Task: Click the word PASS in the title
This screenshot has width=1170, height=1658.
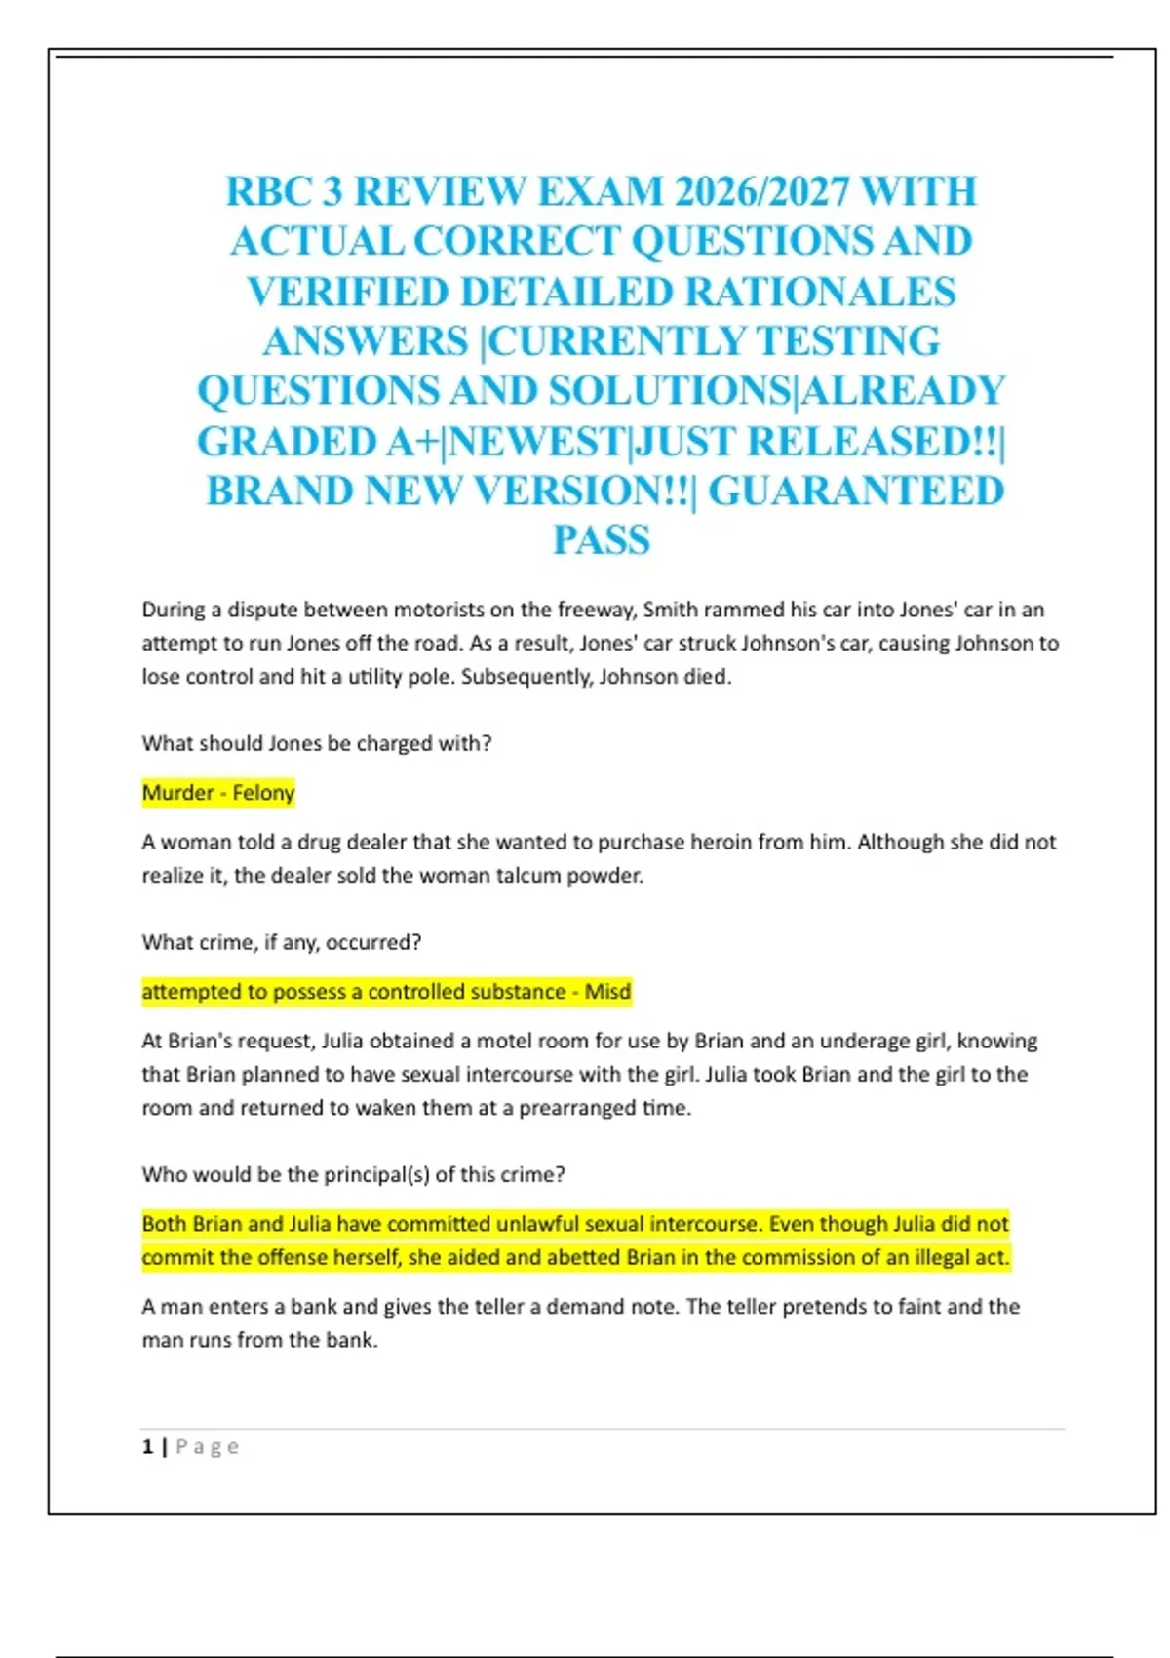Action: pyautogui.click(x=602, y=540)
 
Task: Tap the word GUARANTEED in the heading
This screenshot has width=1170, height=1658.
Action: pyautogui.click(x=855, y=491)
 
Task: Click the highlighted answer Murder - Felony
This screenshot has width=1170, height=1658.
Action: pyautogui.click(x=218, y=793)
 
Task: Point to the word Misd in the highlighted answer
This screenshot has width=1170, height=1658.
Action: pyautogui.click(x=607, y=992)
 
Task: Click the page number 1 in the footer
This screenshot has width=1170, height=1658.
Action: pyautogui.click(x=147, y=1446)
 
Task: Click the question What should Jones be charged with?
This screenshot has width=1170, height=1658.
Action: pyautogui.click(x=317, y=743)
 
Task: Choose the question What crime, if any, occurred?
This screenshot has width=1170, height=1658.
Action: pyautogui.click(x=282, y=942)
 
